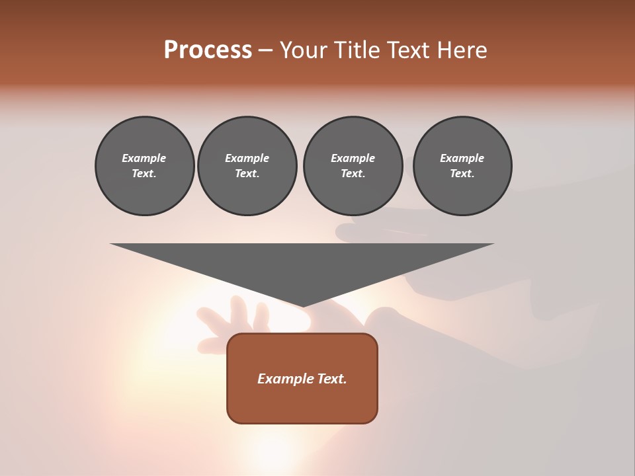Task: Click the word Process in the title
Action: pos(208,50)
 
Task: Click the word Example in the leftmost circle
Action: pos(144,158)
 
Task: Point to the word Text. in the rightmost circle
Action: pos(462,174)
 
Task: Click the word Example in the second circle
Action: pos(247,158)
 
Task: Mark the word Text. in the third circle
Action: pos(353,174)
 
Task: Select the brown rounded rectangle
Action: pos(302,403)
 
